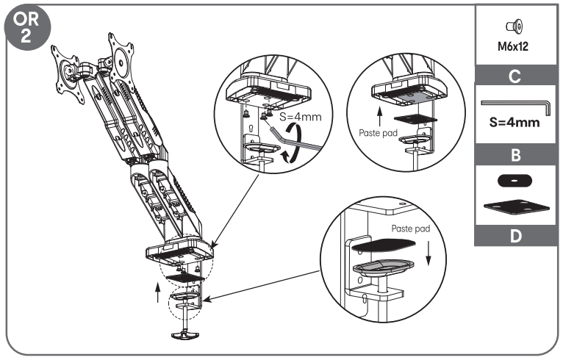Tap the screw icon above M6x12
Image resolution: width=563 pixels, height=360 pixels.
[514, 26]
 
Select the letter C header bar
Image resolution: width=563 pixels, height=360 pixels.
[515, 74]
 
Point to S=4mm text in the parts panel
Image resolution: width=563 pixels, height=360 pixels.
[515, 122]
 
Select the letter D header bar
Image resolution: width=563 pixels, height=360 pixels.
[515, 237]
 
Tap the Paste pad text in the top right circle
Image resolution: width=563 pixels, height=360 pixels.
[379, 134]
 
